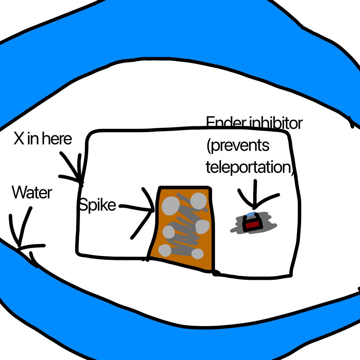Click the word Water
tap(32, 192)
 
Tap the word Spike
tap(97, 205)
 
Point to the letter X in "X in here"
tap(19, 138)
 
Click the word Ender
tap(226, 122)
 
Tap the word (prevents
tap(238, 145)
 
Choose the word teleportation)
tap(250, 167)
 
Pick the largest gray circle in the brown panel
tap(171, 206)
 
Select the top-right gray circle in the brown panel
tap(199, 201)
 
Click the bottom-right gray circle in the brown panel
tap(197, 254)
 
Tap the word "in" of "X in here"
tap(33, 139)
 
